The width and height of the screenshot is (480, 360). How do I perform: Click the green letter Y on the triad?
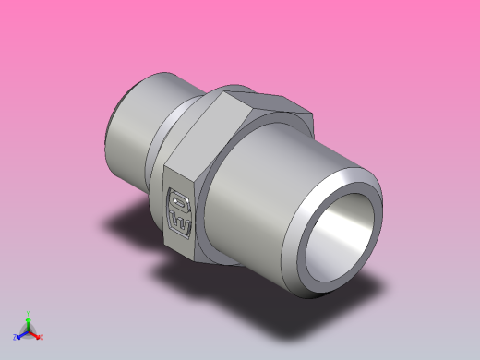click(28, 314)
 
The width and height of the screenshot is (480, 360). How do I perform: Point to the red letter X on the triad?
click(42, 338)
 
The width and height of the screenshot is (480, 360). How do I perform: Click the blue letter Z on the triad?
click(15, 339)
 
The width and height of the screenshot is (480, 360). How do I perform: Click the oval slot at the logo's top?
click(178, 198)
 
